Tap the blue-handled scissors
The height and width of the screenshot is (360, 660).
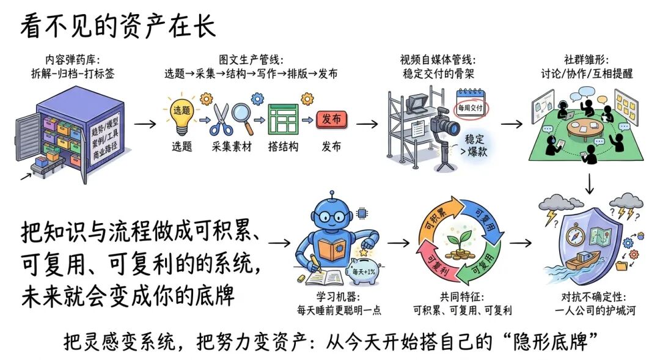point(221,119)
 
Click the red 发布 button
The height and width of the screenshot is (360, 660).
point(331,119)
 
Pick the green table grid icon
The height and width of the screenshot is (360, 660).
point(283,119)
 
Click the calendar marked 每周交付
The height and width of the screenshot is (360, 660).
point(471,104)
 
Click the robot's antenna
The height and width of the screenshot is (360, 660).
point(332,197)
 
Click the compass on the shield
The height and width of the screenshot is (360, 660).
point(574,237)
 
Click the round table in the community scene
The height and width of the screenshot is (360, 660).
point(586,128)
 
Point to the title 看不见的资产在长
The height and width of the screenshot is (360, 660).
point(118,26)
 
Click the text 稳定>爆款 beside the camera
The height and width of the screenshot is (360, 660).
point(474,145)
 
